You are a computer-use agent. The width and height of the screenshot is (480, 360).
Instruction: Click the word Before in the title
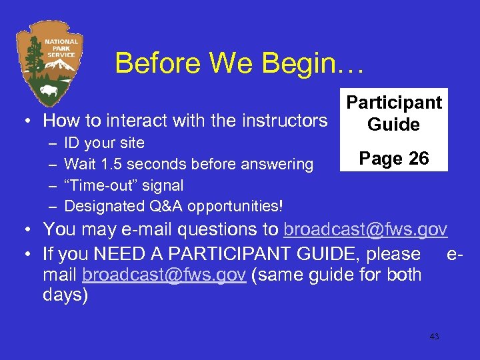[157, 64]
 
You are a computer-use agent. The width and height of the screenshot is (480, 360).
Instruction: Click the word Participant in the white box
[394, 103]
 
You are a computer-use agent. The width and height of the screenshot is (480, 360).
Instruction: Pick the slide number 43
[434, 337]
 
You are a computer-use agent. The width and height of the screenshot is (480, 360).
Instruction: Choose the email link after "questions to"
[365, 230]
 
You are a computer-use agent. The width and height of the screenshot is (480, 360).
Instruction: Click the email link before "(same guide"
[165, 275]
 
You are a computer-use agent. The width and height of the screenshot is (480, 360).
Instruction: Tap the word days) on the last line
[65, 295]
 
